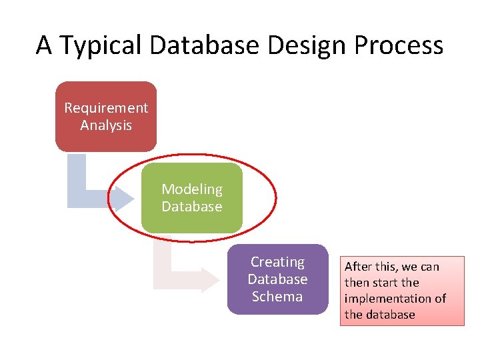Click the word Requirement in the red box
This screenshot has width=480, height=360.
coord(106,108)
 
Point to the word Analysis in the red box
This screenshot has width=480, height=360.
coord(106,125)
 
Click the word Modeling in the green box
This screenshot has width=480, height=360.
coord(192,189)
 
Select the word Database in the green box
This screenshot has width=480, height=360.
coord(192,207)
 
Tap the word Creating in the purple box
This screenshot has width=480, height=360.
coord(277,262)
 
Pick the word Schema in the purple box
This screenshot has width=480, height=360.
coord(277,297)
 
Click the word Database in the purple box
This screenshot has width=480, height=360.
coord(277,279)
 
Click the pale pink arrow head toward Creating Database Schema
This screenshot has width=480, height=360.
coord(209,279)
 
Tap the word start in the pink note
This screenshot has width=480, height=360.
coord(386,283)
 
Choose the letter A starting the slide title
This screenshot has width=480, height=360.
coord(44,45)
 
